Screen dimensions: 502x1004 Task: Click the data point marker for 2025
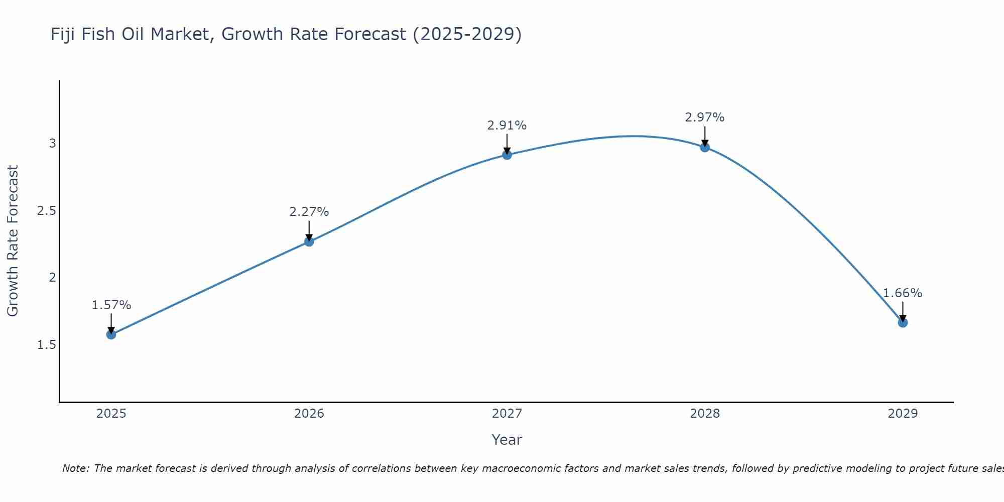111,334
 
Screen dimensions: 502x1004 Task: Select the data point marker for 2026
309,241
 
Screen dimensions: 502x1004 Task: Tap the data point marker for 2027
507,155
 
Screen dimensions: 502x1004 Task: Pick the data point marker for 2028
705,147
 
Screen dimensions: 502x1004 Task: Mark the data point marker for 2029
903,322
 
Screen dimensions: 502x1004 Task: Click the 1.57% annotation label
111,305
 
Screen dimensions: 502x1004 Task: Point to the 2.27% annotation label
309,212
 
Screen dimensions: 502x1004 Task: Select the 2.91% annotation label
507,125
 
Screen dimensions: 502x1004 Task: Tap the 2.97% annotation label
705,117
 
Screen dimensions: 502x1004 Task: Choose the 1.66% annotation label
903,293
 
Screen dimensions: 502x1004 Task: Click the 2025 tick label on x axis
111,414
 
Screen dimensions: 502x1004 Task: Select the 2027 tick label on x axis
507,414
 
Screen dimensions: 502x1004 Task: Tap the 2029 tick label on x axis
903,414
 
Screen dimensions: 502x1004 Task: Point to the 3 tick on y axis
52,144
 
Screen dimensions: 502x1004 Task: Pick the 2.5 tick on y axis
47,211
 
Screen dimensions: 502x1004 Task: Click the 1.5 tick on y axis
47,345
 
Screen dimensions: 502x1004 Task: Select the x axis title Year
507,440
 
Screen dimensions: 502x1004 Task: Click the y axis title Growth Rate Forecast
13,241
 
